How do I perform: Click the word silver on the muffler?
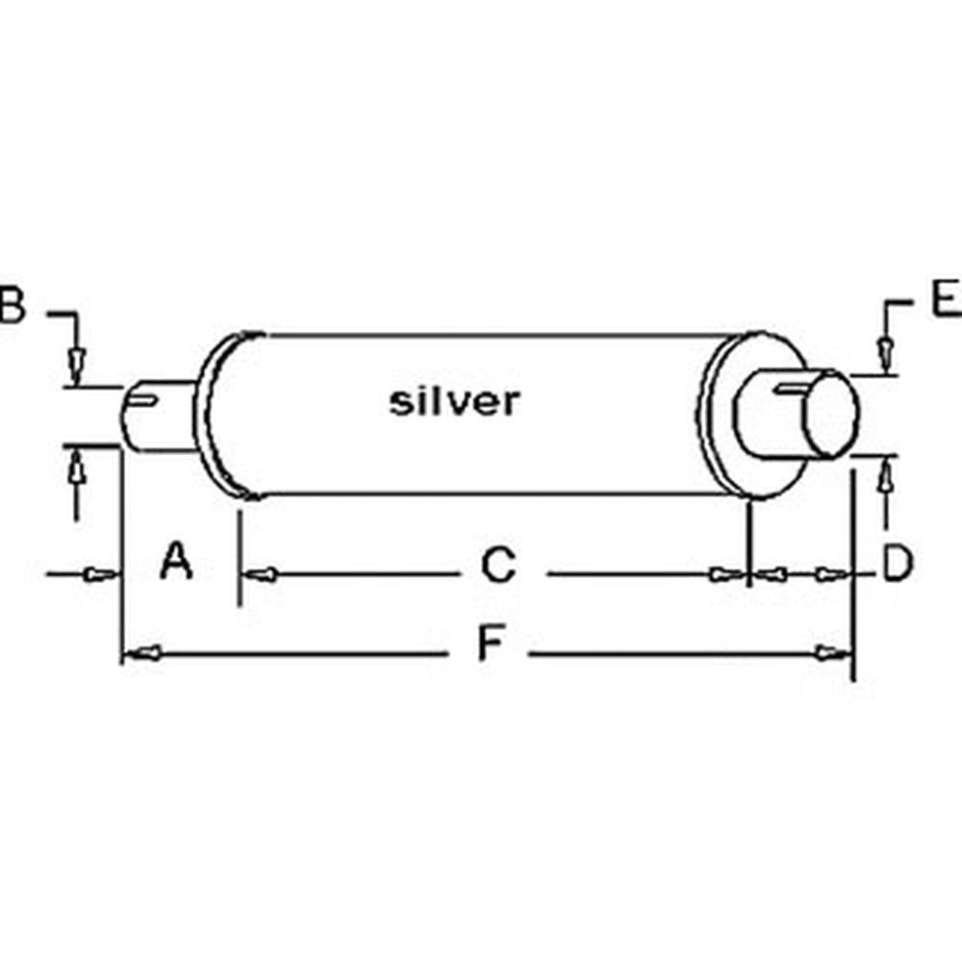[x=454, y=401]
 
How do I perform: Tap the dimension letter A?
[x=176, y=562]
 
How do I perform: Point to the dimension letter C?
[x=499, y=567]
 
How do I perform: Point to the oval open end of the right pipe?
[x=831, y=417]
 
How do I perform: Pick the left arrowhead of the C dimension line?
[x=262, y=575]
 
